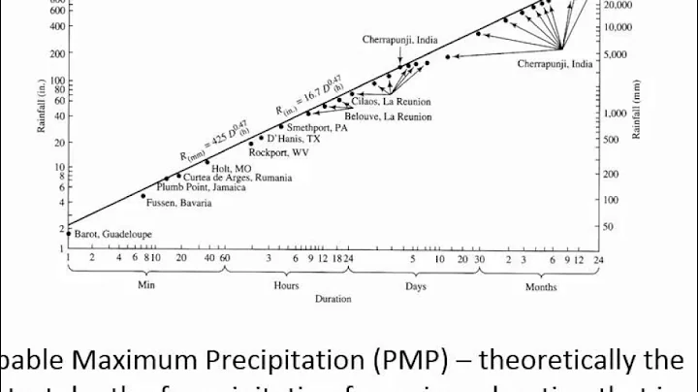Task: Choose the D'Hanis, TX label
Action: coord(293,139)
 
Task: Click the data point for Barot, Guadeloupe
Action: coord(68,233)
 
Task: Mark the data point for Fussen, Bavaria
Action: coord(143,197)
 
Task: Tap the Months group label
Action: coord(540,287)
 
